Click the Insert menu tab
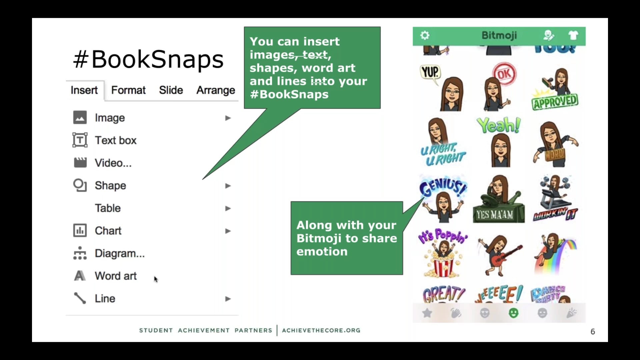pyautogui.click(x=84, y=90)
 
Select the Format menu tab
pyautogui.click(x=128, y=90)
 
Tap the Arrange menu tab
pyautogui.click(x=215, y=90)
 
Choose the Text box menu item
pyautogui.click(x=115, y=140)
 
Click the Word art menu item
pyautogui.click(x=115, y=276)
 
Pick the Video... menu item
pyautogui.click(x=113, y=163)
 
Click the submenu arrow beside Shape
pyautogui.click(x=228, y=186)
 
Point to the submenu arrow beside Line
pyautogui.click(x=228, y=299)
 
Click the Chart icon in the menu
pyautogui.click(x=80, y=231)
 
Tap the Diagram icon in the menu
pyautogui.click(x=80, y=253)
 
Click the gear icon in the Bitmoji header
pyautogui.click(x=425, y=35)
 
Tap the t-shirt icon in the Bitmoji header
pyautogui.click(x=573, y=35)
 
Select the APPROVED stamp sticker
pyautogui.click(x=555, y=102)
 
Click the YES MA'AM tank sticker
pyautogui.click(x=498, y=200)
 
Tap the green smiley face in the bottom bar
pyautogui.click(x=513, y=313)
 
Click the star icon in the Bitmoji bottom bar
pyautogui.click(x=427, y=313)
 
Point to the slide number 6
pyautogui.click(x=593, y=332)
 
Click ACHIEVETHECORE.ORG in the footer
pyautogui.click(x=321, y=330)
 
